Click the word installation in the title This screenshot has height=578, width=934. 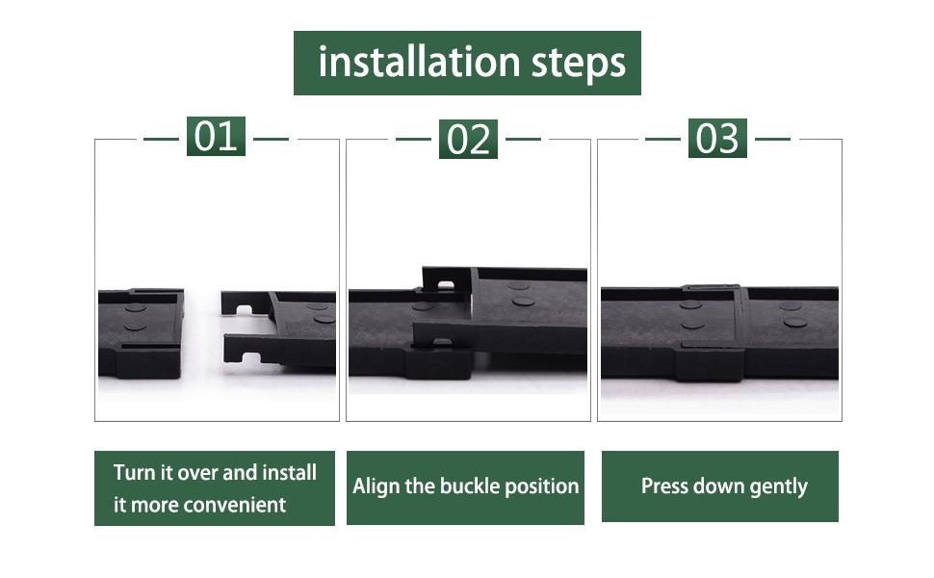pos(419,63)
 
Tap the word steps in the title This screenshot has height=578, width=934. pos(578,63)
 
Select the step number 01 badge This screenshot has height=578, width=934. pos(216,137)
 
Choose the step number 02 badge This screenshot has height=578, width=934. pos(469,140)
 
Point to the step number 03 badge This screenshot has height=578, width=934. pos(717,139)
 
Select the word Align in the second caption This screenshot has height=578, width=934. pos(375,486)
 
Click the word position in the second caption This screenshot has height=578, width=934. pos(544,486)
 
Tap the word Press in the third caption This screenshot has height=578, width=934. pos(665,486)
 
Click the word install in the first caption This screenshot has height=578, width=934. pos(289,473)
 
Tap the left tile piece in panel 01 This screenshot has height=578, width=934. pos(141,332)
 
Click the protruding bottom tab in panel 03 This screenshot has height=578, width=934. pos(709,364)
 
